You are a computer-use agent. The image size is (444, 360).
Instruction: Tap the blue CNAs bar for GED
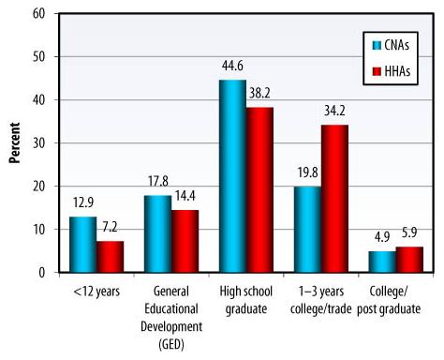pos(158,234)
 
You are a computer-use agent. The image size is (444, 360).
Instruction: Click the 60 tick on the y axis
pos(39,14)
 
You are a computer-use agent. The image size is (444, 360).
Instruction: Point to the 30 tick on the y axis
pos(39,143)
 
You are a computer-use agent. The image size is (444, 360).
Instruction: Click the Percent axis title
pos(15,142)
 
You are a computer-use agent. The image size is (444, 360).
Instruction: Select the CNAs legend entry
pos(392,44)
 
